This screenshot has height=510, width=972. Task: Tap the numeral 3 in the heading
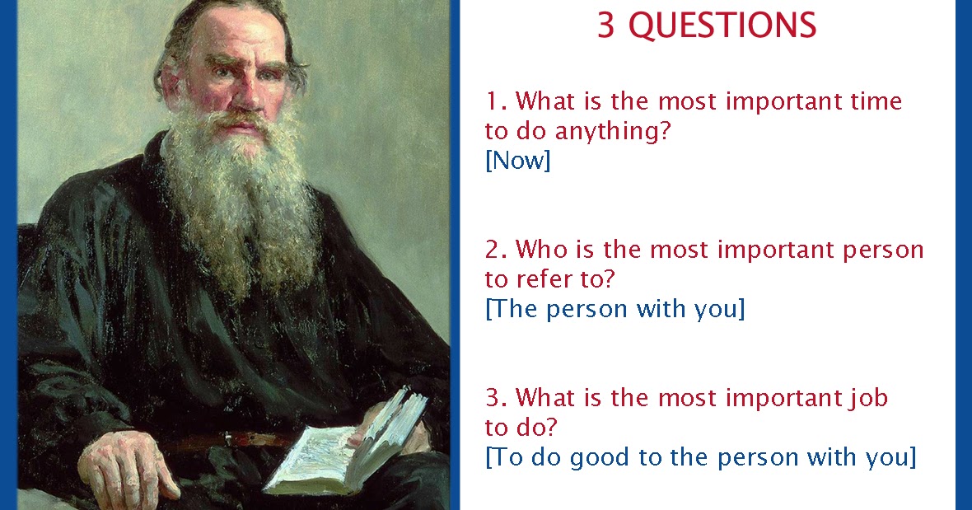[606, 26]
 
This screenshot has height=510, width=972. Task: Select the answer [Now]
[517, 160]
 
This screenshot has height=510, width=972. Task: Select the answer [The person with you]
[615, 309]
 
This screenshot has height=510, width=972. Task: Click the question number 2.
[493, 249]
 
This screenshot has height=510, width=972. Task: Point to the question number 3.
[493, 398]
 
